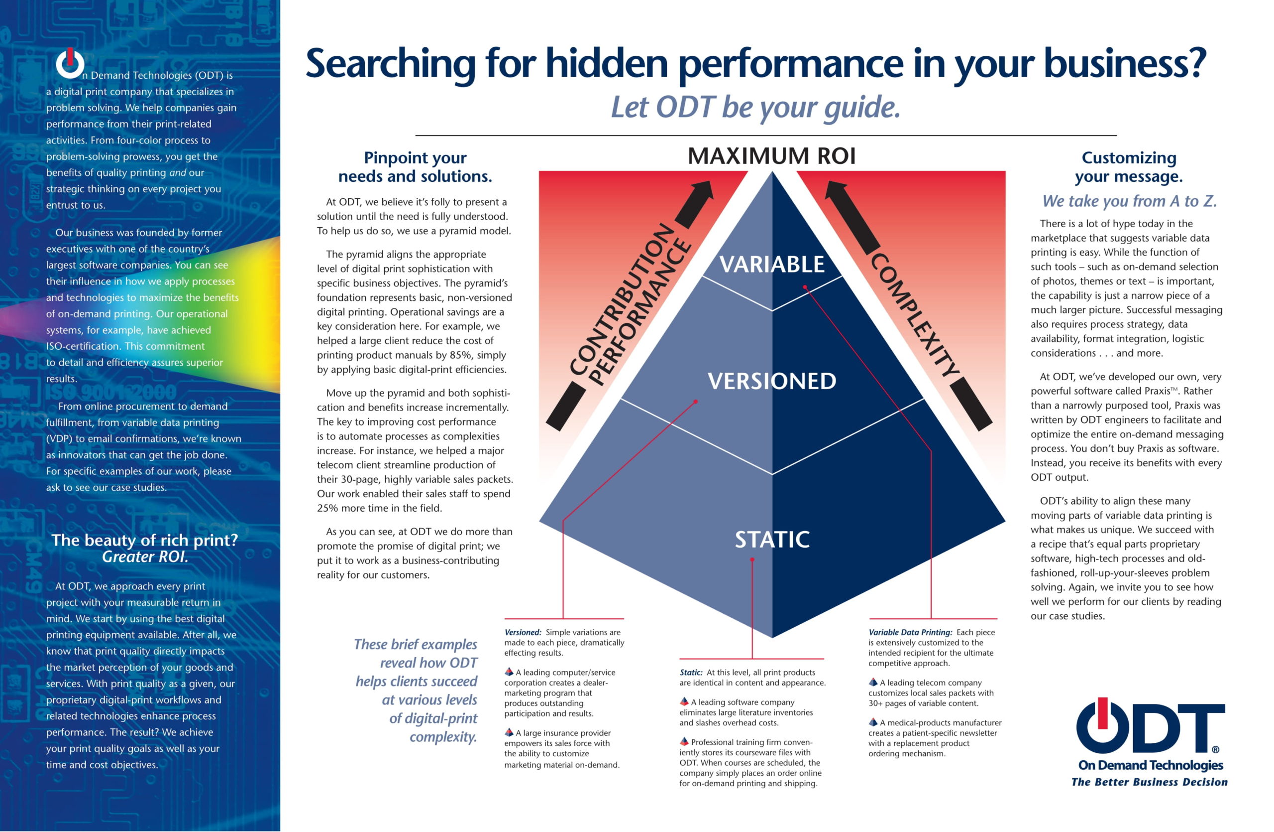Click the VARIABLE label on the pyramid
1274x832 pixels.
pyautogui.click(x=771, y=264)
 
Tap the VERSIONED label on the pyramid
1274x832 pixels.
pyautogui.click(x=771, y=381)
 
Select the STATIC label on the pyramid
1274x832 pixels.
pyautogui.click(x=771, y=539)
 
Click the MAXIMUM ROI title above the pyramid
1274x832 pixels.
pyautogui.click(x=771, y=156)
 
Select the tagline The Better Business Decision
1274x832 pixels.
pyautogui.click(x=1149, y=782)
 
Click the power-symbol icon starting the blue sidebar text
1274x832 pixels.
pyautogui.click(x=70, y=64)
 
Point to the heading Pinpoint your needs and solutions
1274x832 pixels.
pyautogui.click(x=415, y=166)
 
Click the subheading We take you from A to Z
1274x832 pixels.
pyautogui.click(x=1130, y=201)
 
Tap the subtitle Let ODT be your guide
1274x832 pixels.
pyautogui.click(x=755, y=107)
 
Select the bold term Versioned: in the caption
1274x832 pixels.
pyautogui.click(x=523, y=632)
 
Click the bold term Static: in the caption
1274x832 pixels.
pyautogui.click(x=691, y=673)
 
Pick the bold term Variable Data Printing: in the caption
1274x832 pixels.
pyautogui.click(x=910, y=632)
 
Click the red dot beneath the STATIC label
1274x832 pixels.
pyautogui.click(x=752, y=559)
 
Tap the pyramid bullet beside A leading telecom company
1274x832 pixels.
pyautogui.click(x=873, y=682)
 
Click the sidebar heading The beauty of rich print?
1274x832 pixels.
pyautogui.click(x=144, y=540)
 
